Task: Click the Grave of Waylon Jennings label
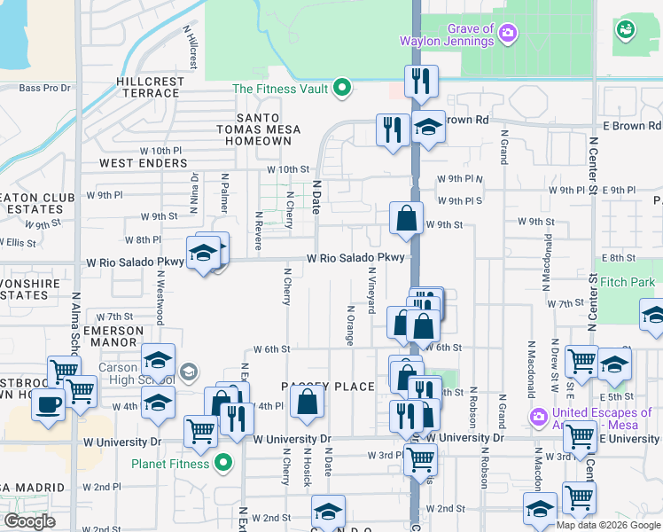[x=447, y=35]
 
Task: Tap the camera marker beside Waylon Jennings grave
[x=508, y=34]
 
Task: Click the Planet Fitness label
[x=170, y=463]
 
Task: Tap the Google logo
[x=29, y=521]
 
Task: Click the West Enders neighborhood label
[x=143, y=163]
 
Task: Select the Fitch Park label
[x=626, y=283]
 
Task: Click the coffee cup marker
[x=48, y=404]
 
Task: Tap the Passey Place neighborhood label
[x=329, y=387]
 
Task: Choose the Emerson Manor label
[x=101, y=336]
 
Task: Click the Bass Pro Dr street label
[x=44, y=88]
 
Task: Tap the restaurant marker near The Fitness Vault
[x=419, y=81]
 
